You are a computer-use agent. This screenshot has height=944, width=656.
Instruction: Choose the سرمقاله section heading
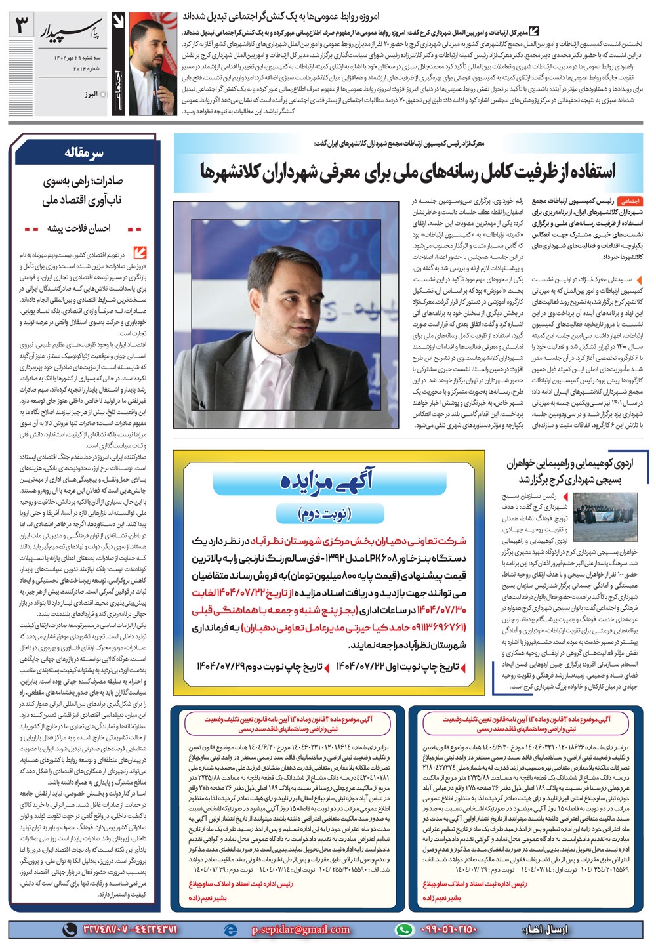84,152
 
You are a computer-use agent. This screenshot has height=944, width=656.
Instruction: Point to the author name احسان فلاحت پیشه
79,228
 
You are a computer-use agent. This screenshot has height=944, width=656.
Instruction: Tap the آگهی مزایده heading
326,482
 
